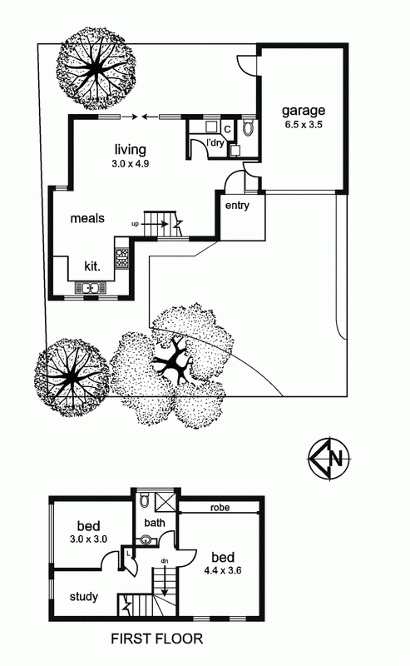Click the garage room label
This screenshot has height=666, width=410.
(x=304, y=111)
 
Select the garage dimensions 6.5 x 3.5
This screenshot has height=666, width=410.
(x=304, y=125)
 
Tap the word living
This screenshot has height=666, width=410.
(x=131, y=150)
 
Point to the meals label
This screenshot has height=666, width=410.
(x=87, y=218)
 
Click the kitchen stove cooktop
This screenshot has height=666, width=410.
(x=121, y=258)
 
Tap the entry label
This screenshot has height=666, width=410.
(x=237, y=206)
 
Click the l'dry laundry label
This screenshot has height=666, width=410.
(x=215, y=142)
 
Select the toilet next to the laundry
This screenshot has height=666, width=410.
(x=249, y=127)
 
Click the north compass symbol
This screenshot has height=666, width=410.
(x=329, y=459)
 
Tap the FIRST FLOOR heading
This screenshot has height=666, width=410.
(x=157, y=639)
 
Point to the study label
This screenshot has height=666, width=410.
(x=84, y=597)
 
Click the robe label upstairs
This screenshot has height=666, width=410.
(x=220, y=508)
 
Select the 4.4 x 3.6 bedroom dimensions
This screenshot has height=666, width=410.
(x=223, y=570)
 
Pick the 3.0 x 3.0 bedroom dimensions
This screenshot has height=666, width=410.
(x=88, y=539)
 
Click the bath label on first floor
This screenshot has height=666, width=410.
(x=155, y=523)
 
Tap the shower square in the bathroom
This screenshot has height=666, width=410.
(x=165, y=503)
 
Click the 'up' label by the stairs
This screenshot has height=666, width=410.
(x=135, y=223)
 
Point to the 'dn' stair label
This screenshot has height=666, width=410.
(x=165, y=561)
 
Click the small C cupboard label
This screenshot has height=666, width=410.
(x=227, y=129)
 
